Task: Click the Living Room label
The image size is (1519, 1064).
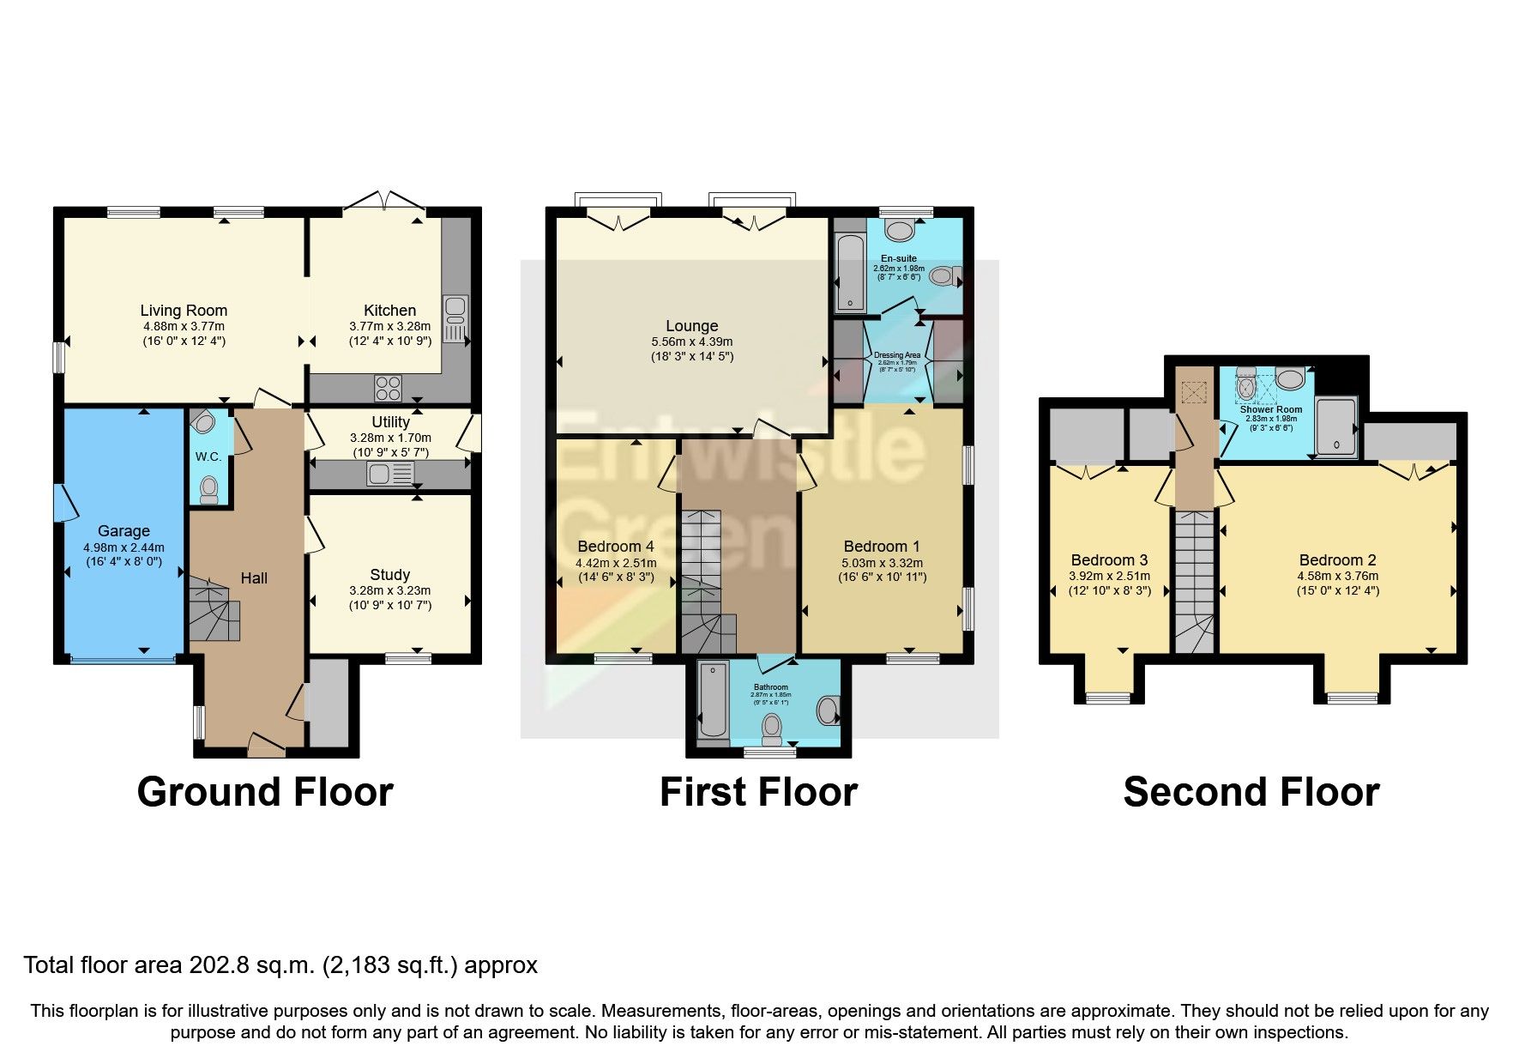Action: pyautogui.click(x=184, y=311)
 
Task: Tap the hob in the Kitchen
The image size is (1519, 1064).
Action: pyautogui.click(x=388, y=389)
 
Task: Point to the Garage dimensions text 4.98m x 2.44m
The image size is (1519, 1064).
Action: pyautogui.click(x=124, y=547)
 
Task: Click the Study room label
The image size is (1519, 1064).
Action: pyautogui.click(x=389, y=575)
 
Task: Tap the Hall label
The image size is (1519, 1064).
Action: pyautogui.click(x=254, y=578)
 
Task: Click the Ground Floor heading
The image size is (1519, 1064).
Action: pyautogui.click(x=265, y=792)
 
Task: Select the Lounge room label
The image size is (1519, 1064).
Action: pyautogui.click(x=691, y=326)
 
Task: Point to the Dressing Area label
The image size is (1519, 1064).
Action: pyautogui.click(x=897, y=355)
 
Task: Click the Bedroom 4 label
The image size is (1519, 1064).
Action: pyautogui.click(x=616, y=547)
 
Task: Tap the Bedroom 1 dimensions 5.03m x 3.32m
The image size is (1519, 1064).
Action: pyautogui.click(x=882, y=563)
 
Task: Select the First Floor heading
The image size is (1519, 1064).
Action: pyautogui.click(x=758, y=792)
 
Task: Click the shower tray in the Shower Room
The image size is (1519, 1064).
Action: pyautogui.click(x=1336, y=426)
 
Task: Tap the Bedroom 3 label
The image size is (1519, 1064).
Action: pyautogui.click(x=1109, y=560)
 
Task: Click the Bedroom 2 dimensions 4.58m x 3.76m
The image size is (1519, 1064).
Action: pyautogui.click(x=1337, y=576)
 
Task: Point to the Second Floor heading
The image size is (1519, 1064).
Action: pyautogui.click(x=1251, y=792)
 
